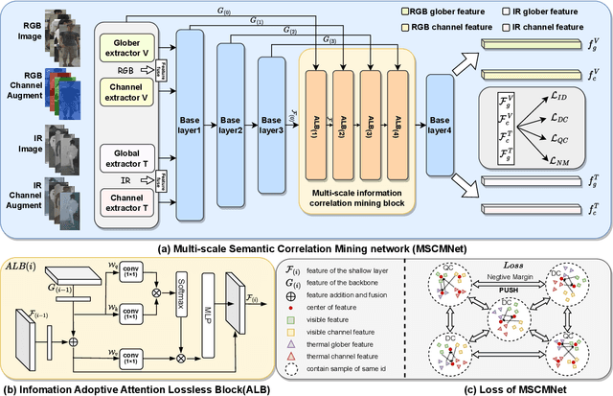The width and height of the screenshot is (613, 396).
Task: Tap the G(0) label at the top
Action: pyautogui.click(x=227, y=11)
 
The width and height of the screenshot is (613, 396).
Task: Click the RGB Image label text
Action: pyautogui.click(x=18, y=31)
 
